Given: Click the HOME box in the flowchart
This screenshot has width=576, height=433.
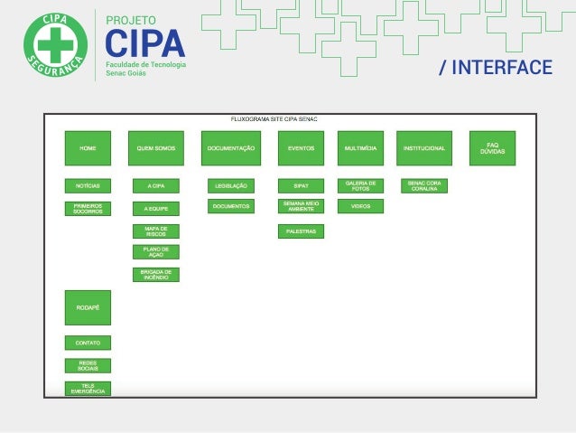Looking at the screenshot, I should point(88,148).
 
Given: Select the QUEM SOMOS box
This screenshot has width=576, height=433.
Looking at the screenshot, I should point(155,148).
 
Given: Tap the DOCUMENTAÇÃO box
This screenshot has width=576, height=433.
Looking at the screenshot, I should point(230,148).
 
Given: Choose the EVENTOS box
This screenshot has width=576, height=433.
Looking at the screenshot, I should point(301,148).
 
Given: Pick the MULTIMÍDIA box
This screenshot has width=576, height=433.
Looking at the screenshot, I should point(360,148).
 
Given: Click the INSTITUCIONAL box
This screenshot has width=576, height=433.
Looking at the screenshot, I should point(423,148).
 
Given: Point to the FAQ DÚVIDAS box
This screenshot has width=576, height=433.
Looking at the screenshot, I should point(492,148).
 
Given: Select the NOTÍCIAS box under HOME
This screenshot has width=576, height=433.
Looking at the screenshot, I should point(88,185).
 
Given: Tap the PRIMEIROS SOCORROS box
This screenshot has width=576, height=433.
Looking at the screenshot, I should point(88,208).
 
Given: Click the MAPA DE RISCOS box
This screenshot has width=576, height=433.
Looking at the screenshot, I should point(155,231).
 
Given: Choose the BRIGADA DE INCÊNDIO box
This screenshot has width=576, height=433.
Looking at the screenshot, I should point(155,274).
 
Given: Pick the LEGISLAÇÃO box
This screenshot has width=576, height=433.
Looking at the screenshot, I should point(230,185).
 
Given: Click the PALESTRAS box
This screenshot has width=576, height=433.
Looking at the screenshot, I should point(301,231).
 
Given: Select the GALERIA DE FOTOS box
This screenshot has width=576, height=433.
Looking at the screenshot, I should point(360,185).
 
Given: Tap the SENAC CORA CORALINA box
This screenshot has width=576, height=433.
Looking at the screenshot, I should point(423,185).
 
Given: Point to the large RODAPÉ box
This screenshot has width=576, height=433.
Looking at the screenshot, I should point(88,307).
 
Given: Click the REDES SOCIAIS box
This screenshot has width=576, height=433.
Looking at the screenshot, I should point(88,365).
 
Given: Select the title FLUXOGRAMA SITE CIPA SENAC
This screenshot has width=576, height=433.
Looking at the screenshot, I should point(274,119).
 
